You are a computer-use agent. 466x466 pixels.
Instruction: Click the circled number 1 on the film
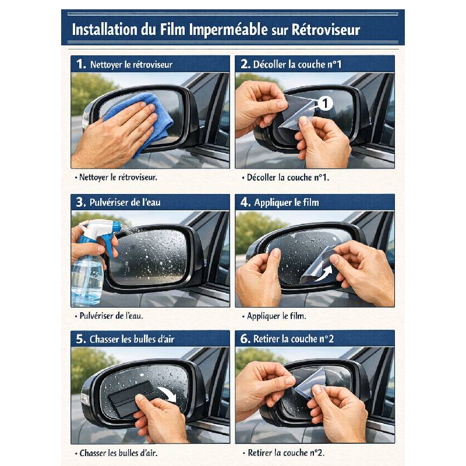[x=325, y=104]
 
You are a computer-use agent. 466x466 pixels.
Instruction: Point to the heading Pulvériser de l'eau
[x=125, y=203]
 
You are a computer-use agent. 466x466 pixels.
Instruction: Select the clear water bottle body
[x=87, y=280]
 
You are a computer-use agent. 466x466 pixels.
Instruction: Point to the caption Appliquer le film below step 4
[x=277, y=316]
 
